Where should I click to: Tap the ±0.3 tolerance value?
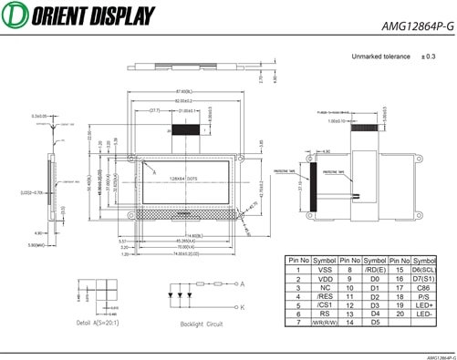pos(428,57)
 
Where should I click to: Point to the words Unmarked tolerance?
pos(379,57)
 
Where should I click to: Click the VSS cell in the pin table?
pos(324,270)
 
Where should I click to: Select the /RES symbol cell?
pos(324,297)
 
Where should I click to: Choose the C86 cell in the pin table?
pos(425,287)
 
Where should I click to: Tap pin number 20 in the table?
pos(398,314)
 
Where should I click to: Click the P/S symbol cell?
pos(425,296)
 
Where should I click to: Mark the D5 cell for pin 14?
pos(374,323)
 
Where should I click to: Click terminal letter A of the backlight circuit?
pos(242,283)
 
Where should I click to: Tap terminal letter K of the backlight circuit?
pos(242,307)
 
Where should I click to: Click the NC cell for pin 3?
pos(324,288)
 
